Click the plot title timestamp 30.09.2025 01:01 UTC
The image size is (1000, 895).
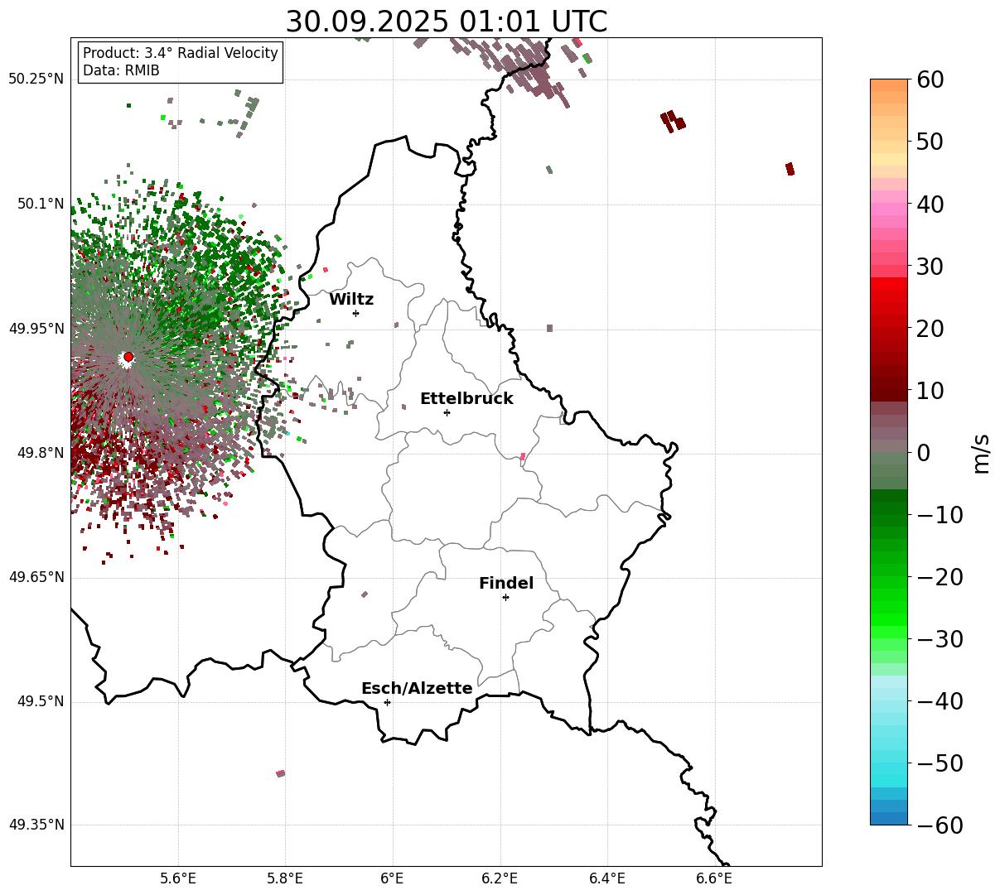(446, 22)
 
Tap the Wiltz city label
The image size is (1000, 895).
(351, 300)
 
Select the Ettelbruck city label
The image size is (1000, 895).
(466, 399)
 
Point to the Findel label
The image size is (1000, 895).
(506, 584)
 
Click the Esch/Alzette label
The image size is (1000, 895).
(417, 689)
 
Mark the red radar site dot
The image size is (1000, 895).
(128, 357)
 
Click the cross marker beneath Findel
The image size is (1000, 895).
(505, 597)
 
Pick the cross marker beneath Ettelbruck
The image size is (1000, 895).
(447, 412)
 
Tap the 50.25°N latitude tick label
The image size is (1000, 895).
(36, 79)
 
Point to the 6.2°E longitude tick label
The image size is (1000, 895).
(500, 878)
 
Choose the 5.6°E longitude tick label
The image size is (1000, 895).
(178, 878)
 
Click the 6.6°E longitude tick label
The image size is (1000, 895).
(714, 878)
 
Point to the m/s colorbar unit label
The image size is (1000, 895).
(981, 453)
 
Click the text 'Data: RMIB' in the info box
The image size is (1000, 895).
(121, 71)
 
